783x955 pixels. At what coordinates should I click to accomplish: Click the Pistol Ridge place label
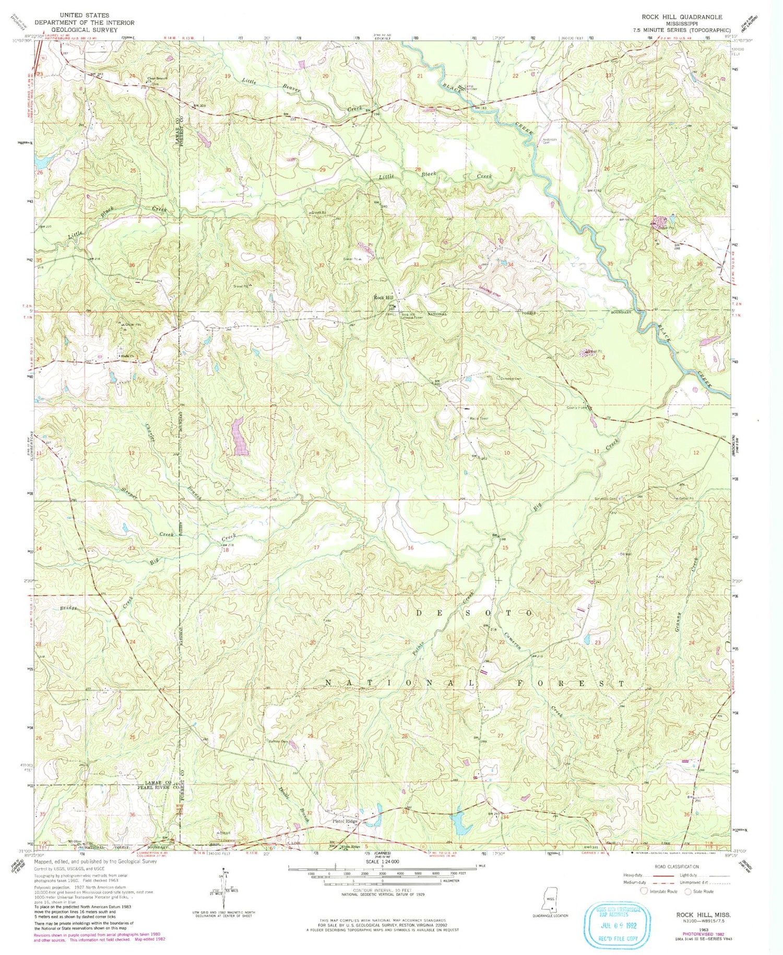point(345,822)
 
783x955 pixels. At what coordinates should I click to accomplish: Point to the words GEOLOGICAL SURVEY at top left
point(84,30)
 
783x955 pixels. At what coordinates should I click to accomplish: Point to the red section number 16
point(410,548)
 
